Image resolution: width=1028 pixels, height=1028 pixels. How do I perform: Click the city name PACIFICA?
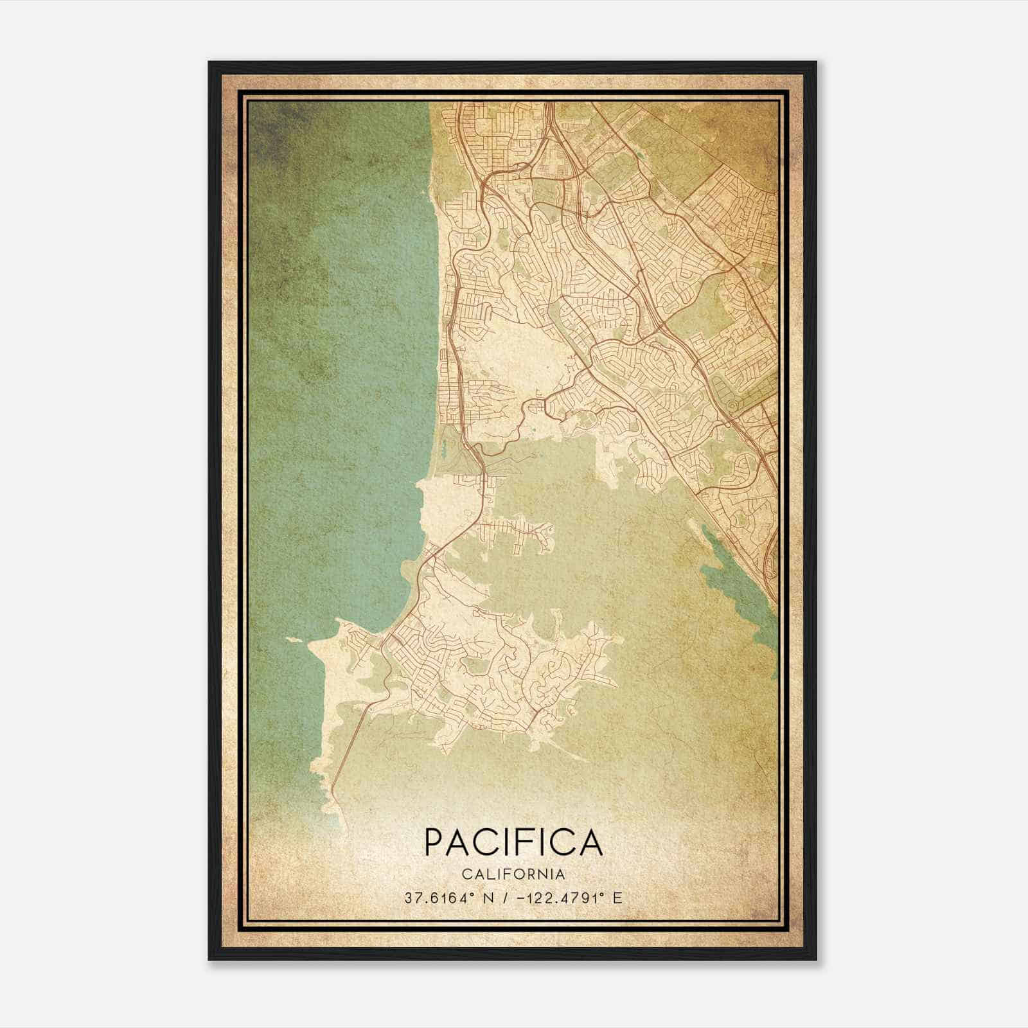[x=513, y=842]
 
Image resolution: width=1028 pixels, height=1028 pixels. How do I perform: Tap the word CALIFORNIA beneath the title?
[x=513, y=874]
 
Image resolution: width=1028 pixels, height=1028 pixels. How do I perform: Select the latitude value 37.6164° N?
[x=448, y=898]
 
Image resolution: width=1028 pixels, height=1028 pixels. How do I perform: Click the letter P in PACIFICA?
[x=434, y=842]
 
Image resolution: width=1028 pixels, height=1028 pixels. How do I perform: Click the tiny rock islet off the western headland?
[x=294, y=640]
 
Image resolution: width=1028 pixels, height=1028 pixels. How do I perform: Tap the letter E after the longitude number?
[x=617, y=898]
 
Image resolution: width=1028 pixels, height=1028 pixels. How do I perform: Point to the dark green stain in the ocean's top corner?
[x=270, y=128]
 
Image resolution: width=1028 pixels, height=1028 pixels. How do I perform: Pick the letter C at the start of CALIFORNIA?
[x=465, y=874]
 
